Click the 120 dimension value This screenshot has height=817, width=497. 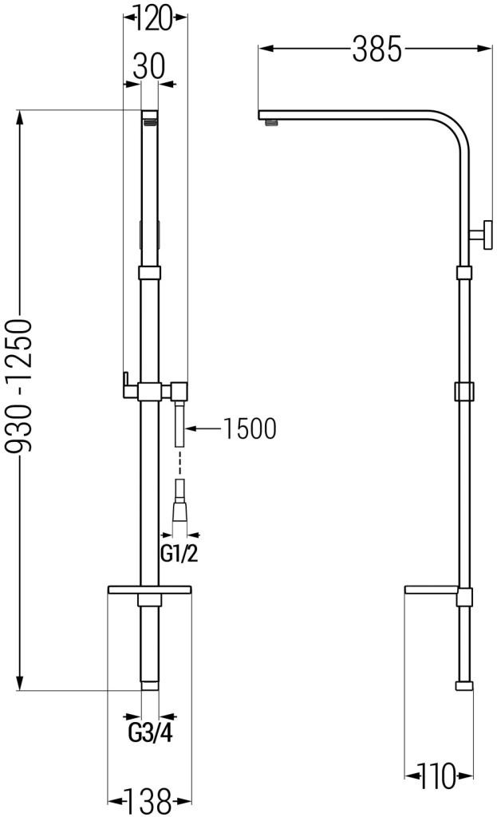[x=154, y=18]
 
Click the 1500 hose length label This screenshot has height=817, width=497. [x=249, y=428]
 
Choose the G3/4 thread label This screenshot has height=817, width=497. [x=150, y=733]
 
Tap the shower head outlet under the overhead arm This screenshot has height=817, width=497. [x=272, y=121]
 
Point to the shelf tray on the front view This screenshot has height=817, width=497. [x=149, y=589]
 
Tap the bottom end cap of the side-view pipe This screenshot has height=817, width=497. [x=463, y=685]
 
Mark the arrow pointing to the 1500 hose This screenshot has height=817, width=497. [x=203, y=428]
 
